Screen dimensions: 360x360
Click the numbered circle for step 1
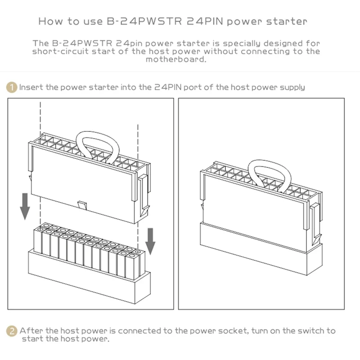click(x=12, y=87)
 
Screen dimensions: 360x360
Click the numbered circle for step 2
click(x=12, y=331)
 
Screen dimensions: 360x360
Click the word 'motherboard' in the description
click(x=176, y=59)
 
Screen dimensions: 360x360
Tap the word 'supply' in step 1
click(x=291, y=87)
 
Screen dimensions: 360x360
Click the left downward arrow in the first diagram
click(x=25, y=205)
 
